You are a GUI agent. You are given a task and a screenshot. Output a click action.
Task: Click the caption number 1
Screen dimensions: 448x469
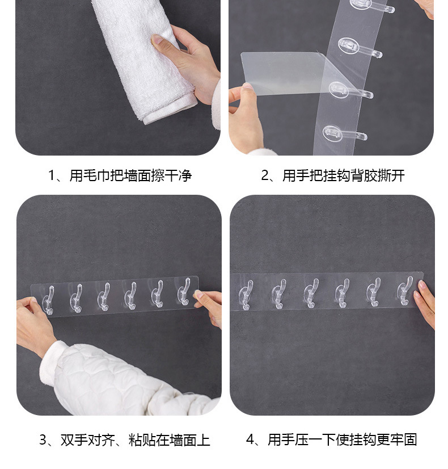point(52,175)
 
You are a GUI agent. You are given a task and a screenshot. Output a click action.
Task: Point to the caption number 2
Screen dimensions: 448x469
point(265,175)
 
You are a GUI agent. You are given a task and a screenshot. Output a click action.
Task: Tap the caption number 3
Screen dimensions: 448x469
point(43,440)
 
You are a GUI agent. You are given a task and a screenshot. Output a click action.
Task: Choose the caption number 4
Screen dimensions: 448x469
point(250,440)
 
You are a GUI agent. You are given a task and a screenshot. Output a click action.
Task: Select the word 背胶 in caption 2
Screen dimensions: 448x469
point(364,175)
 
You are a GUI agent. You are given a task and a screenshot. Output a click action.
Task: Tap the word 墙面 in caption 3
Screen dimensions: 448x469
point(183,440)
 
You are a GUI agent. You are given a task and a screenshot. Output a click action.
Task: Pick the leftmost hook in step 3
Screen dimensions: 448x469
point(48,300)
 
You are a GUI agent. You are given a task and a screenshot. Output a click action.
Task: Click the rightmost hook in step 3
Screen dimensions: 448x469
point(184,292)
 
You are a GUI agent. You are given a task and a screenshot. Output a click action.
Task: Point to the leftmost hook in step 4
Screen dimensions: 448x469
point(246,295)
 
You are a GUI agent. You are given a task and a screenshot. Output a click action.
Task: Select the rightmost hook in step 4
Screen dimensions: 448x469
point(405,291)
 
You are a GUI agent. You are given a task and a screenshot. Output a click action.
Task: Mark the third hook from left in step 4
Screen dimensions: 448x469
point(311,293)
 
